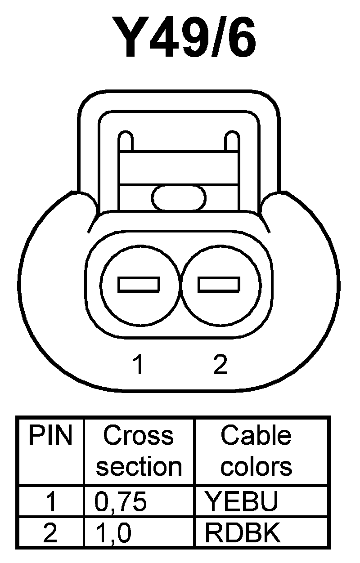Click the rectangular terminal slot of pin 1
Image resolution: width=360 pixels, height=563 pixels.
tap(139, 284)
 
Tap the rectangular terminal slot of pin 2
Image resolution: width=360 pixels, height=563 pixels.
tap(219, 284)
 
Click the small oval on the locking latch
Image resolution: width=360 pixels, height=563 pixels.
tap(179, 198)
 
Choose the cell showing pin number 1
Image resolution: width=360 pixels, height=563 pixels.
tap(51, 501)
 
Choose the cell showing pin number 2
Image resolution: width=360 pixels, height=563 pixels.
tap(50, 533)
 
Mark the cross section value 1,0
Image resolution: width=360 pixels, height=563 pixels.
tap(113, 533)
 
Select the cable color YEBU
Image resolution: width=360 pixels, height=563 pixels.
tap(241, 501)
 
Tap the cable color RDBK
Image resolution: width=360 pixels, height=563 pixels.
tap(243, 533)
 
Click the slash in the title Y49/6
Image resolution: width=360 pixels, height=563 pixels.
tap(207, 38)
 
